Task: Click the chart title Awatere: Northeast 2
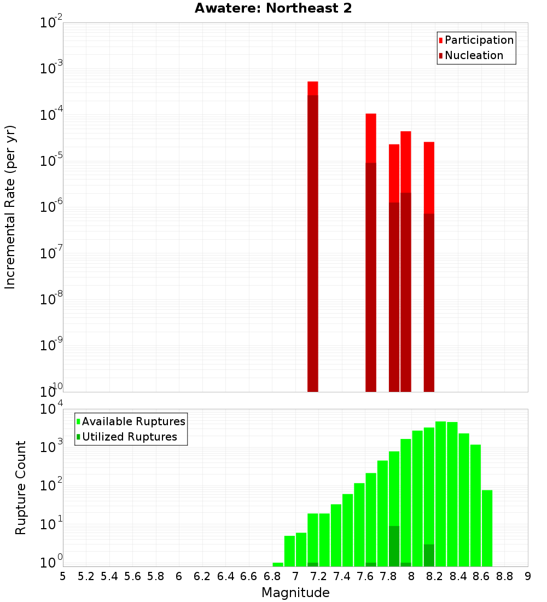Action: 273,9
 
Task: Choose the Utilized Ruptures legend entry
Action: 129,437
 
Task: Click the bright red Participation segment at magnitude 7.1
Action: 313,88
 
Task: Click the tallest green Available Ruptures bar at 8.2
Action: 440,493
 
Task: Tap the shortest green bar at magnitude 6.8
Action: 278,564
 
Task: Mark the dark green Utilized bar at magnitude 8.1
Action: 429,555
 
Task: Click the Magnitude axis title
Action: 295,593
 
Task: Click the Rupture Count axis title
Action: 21,487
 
